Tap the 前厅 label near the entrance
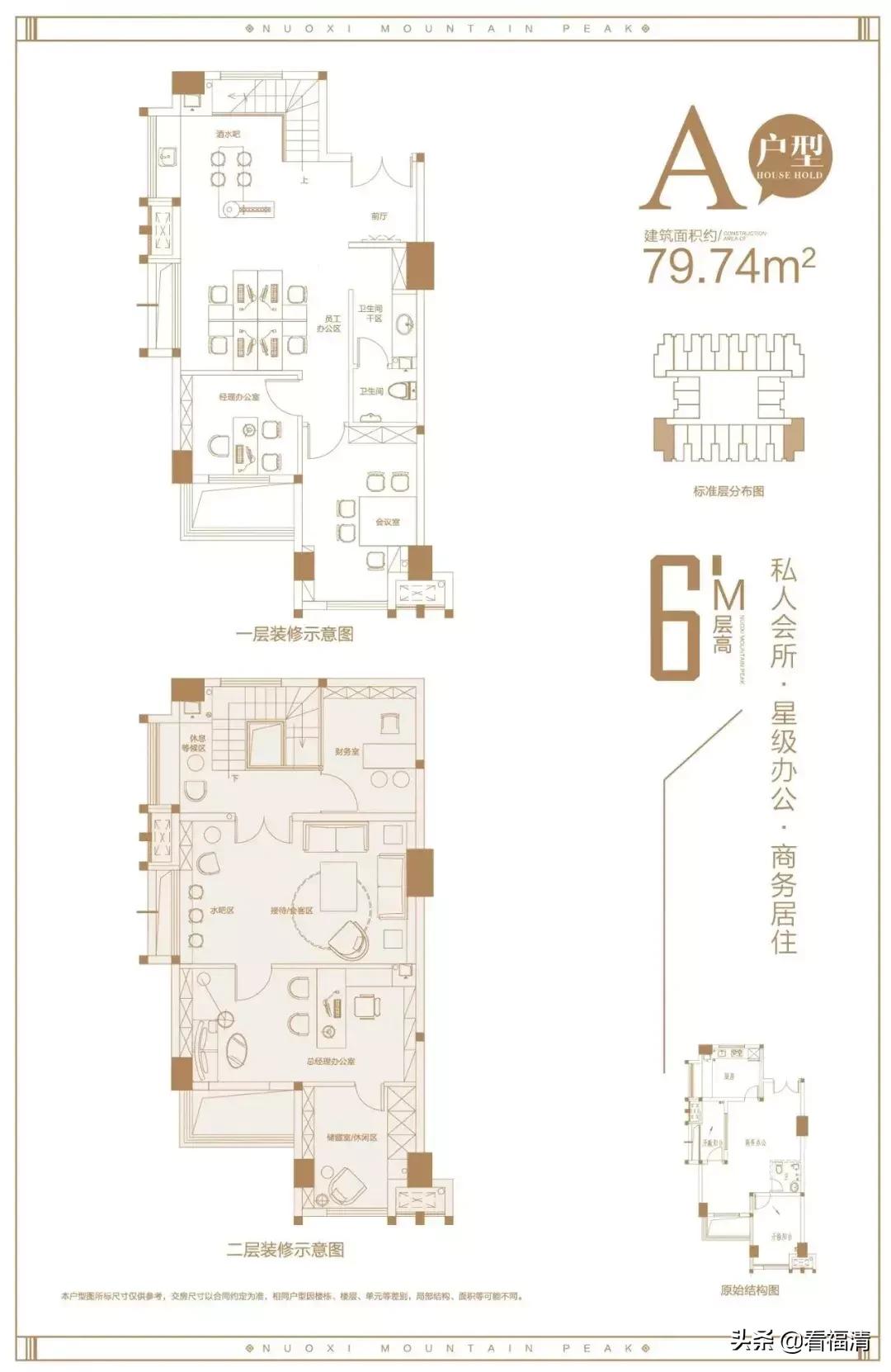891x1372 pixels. tap(379, 216)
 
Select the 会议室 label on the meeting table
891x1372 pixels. tap(387, 522)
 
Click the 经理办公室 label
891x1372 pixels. tap(238, 397)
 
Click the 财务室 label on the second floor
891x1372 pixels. tap(346, 752)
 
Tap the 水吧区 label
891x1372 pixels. tap(222, 911)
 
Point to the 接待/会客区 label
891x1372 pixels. tap(291, 911)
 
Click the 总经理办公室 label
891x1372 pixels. tap(330, 1061)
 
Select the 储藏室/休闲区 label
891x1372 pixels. tap(351, 1138)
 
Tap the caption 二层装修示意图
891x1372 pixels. tap(285, 1250)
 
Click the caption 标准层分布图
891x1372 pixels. tap(728, 491)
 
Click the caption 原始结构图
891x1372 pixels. tap(749, 1289)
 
